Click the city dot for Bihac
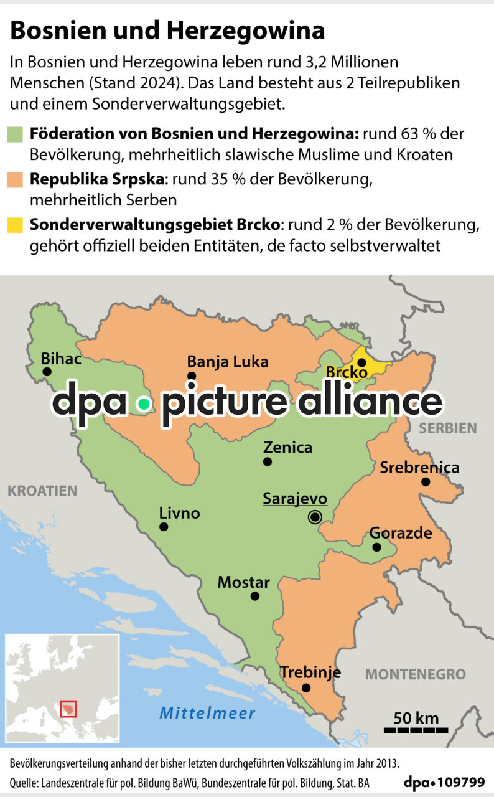(47, 372)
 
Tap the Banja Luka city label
(227, 362)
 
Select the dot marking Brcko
(361, 362)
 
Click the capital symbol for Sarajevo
(315, 516)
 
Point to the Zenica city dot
(268, 461)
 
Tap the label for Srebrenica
(419, 467)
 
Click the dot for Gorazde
(376, 547)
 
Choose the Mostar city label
(243, 583)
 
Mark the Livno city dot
(164, 527)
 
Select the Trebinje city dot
(306, 688)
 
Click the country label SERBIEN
(447, 428)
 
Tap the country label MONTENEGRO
(415, 674)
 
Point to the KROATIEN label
(42, 491)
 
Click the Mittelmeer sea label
(207, 714)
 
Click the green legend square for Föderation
(16, 134)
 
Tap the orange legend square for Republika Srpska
(16, 180)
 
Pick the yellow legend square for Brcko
(16, 225)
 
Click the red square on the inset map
(68, 709)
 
